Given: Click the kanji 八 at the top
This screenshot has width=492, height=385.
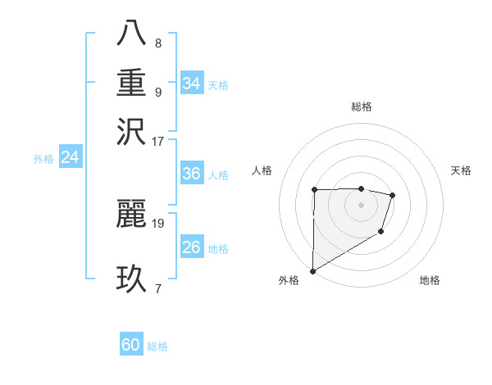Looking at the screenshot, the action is [x=131, y=34].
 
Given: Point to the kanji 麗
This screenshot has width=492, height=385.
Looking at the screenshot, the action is [x=131, y=214].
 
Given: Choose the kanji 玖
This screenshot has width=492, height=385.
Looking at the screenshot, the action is [x=131, y=279].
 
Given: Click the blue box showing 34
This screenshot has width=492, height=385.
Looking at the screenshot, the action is [x=191, y=84].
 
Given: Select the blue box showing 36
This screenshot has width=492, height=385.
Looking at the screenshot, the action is [x=191, y=174].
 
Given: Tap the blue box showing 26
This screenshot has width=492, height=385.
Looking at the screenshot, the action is [x=191, y=247].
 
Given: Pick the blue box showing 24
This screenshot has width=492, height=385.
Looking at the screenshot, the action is [x=70, y=158].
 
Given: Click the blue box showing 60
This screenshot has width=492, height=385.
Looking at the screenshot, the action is [x=130, y=346].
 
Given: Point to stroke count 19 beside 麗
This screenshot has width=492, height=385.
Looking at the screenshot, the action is [x=158, y=222].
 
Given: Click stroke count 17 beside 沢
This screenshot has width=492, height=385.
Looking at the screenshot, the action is [x=158, y=140].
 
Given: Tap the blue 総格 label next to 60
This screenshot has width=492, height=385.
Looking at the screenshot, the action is [x=157, y=346].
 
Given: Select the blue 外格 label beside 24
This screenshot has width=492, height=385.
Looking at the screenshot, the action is [x=43, y=159].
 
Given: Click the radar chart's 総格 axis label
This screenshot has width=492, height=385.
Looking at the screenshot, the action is [x=361, y=106].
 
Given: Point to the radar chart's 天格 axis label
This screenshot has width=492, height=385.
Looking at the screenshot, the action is [x=461, y=170].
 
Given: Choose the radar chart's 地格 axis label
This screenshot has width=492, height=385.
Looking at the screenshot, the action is [x=430, y=280].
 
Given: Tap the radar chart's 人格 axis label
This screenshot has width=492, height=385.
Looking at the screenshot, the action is [x=262, y=170].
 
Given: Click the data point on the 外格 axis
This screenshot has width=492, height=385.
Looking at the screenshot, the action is [x=312, y=270].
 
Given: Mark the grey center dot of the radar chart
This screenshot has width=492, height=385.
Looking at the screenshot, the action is [x=361, y=205].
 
